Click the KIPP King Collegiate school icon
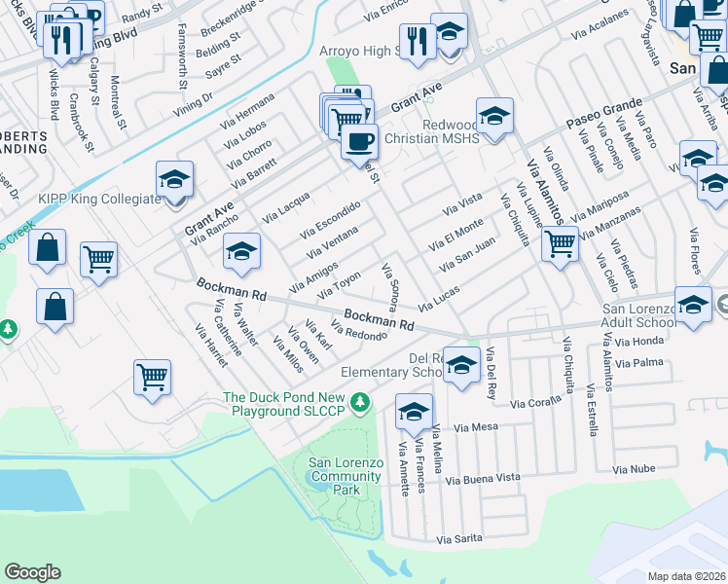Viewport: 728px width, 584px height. click(x=175, y=181)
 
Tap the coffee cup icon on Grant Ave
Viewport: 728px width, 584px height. click(x=359, y=141)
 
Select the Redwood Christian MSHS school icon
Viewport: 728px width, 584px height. click(x=494, y=117)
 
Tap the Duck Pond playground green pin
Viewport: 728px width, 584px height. click(x=360, y=401)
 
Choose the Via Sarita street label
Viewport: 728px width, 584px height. click(x=461, y=538)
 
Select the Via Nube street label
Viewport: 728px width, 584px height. click(x=634, y=469)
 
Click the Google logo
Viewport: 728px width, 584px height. click(x=33, y=572)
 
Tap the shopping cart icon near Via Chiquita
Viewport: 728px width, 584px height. click(x=560, y=243)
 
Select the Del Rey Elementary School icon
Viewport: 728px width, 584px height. click(x=462, y=365)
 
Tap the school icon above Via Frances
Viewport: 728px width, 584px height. click(x=414, y=411)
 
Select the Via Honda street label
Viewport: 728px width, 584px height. click(x=639, y=341)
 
